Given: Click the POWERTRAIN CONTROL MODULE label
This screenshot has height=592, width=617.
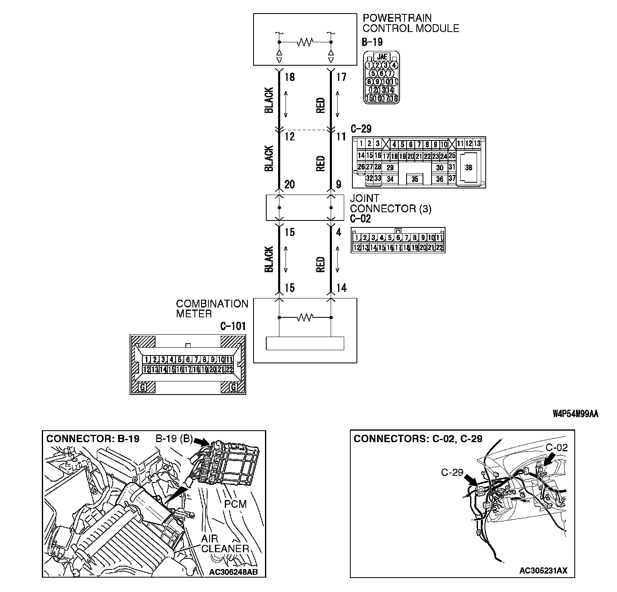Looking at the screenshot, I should click(x=411, y=23).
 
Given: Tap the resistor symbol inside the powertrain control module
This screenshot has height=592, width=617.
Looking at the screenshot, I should click(x=305, y=42).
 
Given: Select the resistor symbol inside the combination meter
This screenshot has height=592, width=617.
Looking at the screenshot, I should click(x=305, y=317).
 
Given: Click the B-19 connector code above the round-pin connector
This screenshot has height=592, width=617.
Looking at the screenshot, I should click(x=372, y=42).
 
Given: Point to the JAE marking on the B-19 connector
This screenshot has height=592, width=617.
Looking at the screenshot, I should click(x=382, y=57).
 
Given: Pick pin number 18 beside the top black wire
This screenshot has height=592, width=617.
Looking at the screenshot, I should click(x=290, y=77).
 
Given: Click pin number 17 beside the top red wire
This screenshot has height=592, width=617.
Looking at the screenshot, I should click(x=341, y=77).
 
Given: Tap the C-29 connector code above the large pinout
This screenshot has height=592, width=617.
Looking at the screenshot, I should click(x=361, y=129).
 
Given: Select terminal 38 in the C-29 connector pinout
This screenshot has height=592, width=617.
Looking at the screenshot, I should click(x=468, y=168).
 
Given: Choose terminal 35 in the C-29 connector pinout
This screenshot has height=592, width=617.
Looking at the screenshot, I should click(x=415, y=179).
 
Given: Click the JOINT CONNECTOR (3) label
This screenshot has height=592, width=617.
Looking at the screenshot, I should click(x=390, y=204).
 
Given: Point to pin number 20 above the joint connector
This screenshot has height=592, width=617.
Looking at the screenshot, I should click(x=290, y=185).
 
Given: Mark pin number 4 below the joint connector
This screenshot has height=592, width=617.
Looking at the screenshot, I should click(x=338, y=232).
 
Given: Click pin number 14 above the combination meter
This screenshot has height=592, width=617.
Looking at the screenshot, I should click(x=341, y=288).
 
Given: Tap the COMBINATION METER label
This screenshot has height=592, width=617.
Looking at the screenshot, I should click(x=212, y=309).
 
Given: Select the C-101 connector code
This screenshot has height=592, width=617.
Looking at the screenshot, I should click(x=233, y=327).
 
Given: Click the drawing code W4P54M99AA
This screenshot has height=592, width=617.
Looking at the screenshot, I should click(x=575, y=414).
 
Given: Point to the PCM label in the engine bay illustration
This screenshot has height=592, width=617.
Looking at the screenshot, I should click(x=235, y=503).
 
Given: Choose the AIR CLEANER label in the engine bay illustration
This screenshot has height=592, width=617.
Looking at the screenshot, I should click(x=225, y=544).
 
